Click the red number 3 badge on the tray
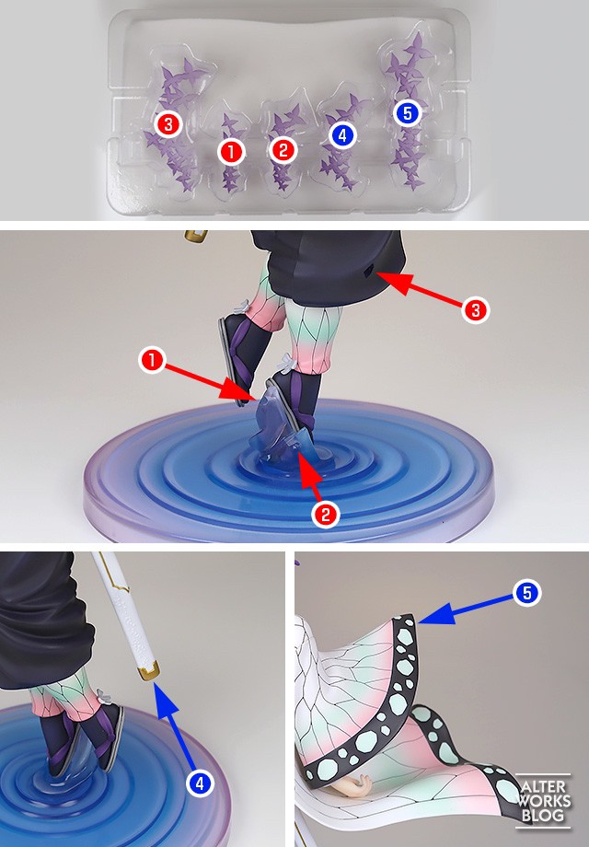[168, 125]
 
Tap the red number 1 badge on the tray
[231, 152]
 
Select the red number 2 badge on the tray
[283, 150]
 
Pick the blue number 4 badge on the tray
[341, 135]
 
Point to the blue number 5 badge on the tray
[408, 113]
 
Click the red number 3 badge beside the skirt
[476, 310]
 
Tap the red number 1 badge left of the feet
[152, 360]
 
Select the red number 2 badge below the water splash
[326, 515]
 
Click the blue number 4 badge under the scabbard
[200, 783]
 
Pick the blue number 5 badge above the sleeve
[526, 593]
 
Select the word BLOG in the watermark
[544, 814]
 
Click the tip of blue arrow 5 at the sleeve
[419, 621]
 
